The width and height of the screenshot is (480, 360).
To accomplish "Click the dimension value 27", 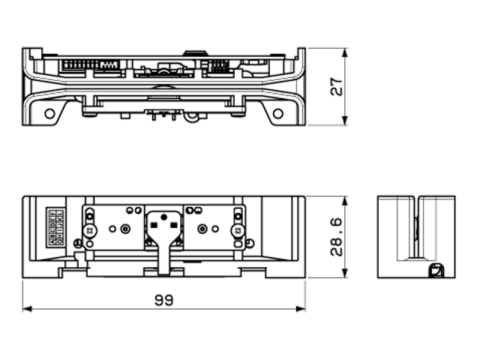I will tap(337, 85).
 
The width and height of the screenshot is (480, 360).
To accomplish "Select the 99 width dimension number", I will tap(163, 300).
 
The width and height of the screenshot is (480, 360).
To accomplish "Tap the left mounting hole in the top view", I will tap(49, 113).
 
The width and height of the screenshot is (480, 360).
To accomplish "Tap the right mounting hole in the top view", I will tap(278, 113).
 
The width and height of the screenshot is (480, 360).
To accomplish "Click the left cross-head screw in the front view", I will tap(90, 230).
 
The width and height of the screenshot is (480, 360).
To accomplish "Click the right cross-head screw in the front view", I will tap(238, 230).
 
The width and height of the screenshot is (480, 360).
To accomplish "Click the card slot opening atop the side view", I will tap(415, 201).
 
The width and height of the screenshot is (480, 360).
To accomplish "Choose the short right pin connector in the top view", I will tap(218, 66).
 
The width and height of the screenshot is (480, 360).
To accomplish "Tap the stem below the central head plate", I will tap(164, 259).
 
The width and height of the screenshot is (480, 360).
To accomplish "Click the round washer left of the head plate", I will tap(125, 228).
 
